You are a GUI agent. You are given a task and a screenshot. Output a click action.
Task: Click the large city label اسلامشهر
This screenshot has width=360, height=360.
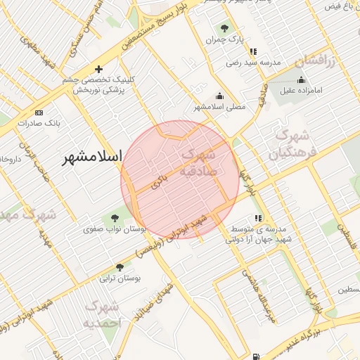click(x=91, y=156)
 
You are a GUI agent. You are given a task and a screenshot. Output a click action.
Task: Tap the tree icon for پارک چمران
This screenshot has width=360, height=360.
click(x=224, y=29)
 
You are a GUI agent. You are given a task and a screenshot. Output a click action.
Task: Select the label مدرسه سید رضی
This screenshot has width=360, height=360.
click(x=253, y=63)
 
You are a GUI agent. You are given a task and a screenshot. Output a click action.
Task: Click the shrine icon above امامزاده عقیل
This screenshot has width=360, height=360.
click(x=301, y=79)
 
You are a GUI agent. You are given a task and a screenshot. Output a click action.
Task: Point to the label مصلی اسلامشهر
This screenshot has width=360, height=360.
click(x=219, y=107)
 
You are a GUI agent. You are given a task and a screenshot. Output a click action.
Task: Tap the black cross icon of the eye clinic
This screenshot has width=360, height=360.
click(x=98, y=69)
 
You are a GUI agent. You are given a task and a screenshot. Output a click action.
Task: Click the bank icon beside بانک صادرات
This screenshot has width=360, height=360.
click(x=39, y=112)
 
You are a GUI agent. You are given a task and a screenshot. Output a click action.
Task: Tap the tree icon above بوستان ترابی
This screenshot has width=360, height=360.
click(x=120, y=267)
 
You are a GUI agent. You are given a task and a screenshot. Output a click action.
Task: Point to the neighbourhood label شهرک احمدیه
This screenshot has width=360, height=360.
click(x=103, y=314)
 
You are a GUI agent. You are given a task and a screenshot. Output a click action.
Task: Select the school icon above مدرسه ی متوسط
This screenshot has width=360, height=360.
click(x=259, y=218)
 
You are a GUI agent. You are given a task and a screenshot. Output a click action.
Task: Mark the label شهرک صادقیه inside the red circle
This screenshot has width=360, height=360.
click(x=198, y=162)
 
